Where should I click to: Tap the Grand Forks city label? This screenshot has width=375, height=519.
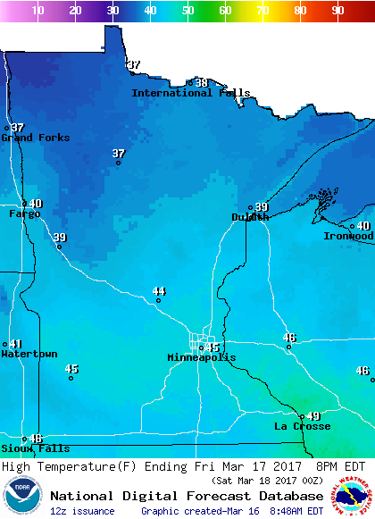point(29,138)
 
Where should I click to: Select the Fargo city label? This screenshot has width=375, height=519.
point(24,214)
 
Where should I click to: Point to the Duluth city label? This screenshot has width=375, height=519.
point(250,217)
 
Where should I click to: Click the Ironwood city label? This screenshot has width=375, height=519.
point(348,236)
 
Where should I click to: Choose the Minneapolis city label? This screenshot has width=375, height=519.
point(202,357)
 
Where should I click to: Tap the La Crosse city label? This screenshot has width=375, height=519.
point(302,426)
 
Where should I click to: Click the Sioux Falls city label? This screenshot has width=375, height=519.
point(35,448)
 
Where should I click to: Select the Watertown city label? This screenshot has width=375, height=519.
point(29,354)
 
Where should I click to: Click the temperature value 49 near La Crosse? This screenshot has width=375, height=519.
point(313,416)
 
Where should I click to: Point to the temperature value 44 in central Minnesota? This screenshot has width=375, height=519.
point(159,291)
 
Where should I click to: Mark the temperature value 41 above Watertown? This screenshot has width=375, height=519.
point(15,344)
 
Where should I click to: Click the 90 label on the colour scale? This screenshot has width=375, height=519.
point(338,11)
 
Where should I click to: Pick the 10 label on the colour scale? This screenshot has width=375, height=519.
point(38,11)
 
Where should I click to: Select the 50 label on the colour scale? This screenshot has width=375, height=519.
point(188,11)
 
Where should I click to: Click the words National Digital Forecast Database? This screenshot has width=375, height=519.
point(187,496)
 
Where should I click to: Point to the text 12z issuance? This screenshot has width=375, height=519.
point(82,511)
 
